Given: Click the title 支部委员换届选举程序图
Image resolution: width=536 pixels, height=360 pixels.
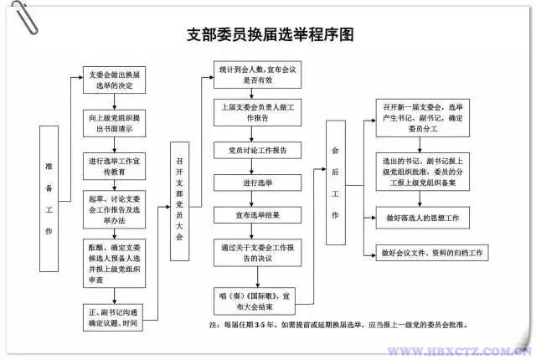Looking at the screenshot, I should tap(270, 35).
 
